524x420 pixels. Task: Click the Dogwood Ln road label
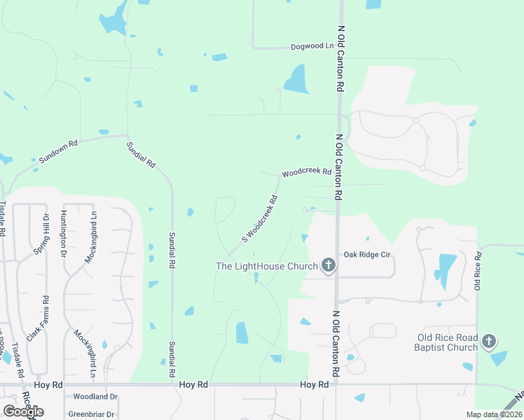pos(312,47)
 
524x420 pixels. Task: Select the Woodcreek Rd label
pos(306,173)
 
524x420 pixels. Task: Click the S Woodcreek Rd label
pos(260,219)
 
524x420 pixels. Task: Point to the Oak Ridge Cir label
pos(366,255)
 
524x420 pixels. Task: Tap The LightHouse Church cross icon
pos(328,265)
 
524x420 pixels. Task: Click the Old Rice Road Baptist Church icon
pos(489,342)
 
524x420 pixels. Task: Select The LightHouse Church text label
pos(266,266)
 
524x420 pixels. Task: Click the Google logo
pos(22,411)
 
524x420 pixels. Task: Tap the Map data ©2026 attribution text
pos(494,414)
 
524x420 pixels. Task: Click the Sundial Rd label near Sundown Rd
pos(141,153)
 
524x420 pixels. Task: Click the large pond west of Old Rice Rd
pos(444,270)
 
